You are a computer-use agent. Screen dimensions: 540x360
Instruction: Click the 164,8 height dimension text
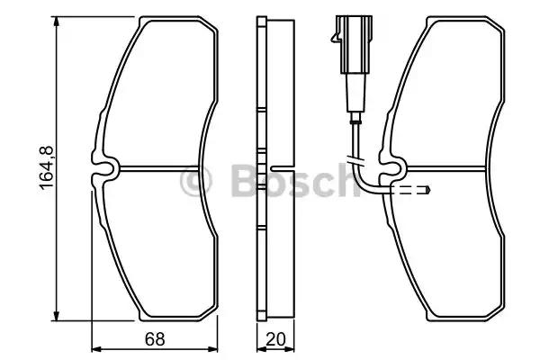[47, 168]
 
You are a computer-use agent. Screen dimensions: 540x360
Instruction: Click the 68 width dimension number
[155, 339]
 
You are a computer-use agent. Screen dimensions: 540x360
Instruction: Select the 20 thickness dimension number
[276, 339]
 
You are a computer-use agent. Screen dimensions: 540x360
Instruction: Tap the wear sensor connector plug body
[355, 44]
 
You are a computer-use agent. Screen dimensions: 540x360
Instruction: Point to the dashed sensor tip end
[427, 190]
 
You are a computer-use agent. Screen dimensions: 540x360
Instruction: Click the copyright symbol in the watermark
[195, 181]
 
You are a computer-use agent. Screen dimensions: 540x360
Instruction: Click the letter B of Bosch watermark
[246, 181]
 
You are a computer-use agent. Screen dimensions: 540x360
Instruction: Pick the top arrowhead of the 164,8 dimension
[57, 22]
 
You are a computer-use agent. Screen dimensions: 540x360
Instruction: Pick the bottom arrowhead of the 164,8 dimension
[57, 315]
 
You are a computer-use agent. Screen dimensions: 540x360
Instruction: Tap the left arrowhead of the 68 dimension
[97, 349]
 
